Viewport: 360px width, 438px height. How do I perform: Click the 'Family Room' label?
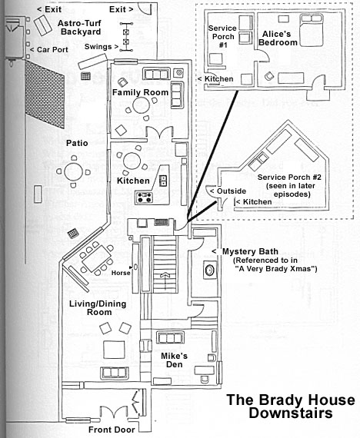tap(140, 92)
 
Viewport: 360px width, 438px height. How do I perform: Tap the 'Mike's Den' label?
tap(174, 360)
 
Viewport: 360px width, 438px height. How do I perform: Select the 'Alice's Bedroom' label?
tap(278, 38)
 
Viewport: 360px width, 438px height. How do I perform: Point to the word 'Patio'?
tap(77, 143)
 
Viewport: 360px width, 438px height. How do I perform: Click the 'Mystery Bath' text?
tap(250, 251)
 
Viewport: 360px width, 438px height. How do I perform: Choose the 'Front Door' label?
tap(112, 430)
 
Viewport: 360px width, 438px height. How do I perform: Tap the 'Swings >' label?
tap(102, 47)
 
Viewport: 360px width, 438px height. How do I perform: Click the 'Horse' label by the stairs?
tap(121, 273)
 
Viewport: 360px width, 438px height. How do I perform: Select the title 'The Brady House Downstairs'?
tap(291, 406)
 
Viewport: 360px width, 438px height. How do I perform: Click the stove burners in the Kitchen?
tap(144, 197)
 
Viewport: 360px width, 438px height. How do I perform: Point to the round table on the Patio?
tap(74, 172)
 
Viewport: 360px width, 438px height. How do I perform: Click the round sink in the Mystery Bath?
tap(209, 270)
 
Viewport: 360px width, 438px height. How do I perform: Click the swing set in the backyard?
tap(126, 37)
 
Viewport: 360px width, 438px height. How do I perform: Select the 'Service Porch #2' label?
tap(289, 185)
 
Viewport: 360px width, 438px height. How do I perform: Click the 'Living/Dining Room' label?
tap(98, 308)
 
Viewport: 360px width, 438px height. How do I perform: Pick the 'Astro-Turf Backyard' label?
tap(80, 28)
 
